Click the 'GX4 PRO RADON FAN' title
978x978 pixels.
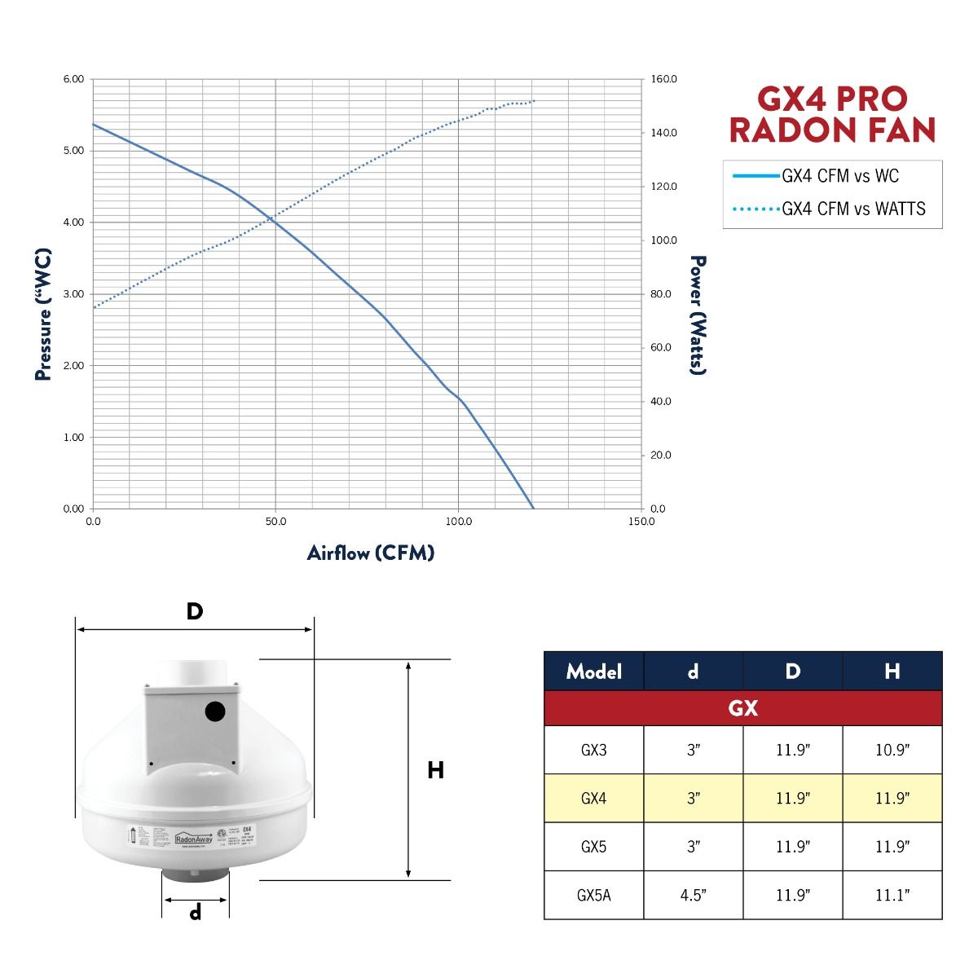[x=832, y=114]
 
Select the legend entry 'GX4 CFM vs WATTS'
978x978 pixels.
[x=853, y=209]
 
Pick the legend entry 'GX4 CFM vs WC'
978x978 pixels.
[x=839, y=176]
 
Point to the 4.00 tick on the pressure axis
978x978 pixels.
[x=73, y=222]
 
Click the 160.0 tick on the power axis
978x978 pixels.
[x=664, y=79]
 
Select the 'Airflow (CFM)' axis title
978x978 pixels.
[x=371, y=553]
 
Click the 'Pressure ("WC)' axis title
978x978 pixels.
[x=44, y=315]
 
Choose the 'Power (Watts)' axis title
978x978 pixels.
[x=698, y=315]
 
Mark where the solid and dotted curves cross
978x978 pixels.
[x=273, y=220]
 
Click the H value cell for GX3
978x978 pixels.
[x=892, y=750]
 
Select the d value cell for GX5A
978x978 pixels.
[x=693, y=895]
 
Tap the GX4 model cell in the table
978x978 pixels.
[x=593, y=799]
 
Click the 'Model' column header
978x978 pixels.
[x=593, y=672]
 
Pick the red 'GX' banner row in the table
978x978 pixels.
[x=742, y=708]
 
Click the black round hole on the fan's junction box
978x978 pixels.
[x=215, y=712]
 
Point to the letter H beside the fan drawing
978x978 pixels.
[x=436, y=770]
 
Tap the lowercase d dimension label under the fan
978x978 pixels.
[x=196, y=914]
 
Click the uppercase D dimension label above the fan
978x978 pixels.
[x=194, y=611]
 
